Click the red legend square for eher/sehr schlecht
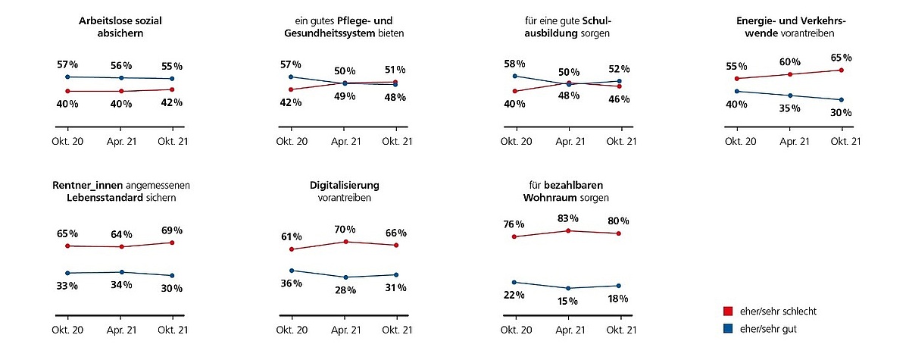(x=729, y=311)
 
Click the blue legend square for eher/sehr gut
(x=729, y=328)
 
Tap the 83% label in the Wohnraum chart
(x=568, y=218)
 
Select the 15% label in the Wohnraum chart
(x=568, y=301)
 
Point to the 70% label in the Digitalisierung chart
(x=345, y=229)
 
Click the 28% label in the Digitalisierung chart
(x=345, y=290)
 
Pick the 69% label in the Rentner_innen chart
(x=171, y=230)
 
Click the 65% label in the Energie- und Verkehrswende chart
(x=841, y=58)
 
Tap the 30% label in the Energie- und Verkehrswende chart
(x=841, y=113)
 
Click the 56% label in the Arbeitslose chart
(x=121, y=65)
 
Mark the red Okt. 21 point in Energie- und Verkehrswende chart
(x=842, y=70)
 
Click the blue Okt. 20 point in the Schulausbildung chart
(x=516, y=76)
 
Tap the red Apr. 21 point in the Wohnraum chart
(x=568, y=230)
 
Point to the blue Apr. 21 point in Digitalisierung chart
(x=345, y=277)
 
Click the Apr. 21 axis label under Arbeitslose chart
(x=121, y=141)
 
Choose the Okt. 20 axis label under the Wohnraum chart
(x=516, y=330)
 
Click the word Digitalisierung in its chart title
(x=345, y=185)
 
